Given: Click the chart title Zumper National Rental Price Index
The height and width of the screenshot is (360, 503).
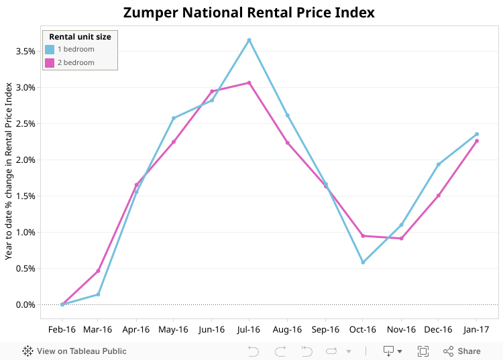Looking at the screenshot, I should click(249, 13).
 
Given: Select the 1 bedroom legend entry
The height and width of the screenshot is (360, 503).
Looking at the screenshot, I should click(76, 49).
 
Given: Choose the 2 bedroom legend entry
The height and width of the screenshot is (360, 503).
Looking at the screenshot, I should click(76, 62).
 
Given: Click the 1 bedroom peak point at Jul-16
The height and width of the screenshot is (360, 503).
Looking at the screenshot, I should click(249, 40).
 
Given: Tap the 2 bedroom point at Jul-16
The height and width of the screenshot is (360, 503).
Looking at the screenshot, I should click(249, 83).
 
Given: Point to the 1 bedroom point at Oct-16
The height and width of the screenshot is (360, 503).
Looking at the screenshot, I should click(363, 262).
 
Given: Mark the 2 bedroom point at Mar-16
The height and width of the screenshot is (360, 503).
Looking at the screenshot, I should click(98, 271).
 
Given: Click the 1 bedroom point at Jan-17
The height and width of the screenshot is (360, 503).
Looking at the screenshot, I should click(477, 134).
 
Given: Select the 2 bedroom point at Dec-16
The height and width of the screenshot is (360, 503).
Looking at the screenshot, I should click(439, 196).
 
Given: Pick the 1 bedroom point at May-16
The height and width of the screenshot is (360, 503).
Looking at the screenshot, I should click(174, 118).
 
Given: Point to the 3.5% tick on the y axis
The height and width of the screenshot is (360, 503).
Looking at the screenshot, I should click(25, 52).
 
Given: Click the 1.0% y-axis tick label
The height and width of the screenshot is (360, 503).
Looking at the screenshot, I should click(25, 233).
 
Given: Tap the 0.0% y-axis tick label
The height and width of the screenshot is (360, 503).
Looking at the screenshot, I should click(25, 305).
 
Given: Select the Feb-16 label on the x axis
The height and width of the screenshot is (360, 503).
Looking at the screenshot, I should click(62, 330).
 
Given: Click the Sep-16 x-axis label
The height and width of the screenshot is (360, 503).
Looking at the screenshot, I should click(325, 330).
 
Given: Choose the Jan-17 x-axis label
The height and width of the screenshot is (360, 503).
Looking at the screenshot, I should click(477, 330).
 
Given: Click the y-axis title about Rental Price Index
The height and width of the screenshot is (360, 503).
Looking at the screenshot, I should click(9, 171).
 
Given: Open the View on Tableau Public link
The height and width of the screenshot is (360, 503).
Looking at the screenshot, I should click(74, 351).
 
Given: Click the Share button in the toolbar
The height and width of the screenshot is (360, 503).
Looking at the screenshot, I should click(462, 351).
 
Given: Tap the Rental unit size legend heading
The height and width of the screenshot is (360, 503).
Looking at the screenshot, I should click(80, 37).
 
